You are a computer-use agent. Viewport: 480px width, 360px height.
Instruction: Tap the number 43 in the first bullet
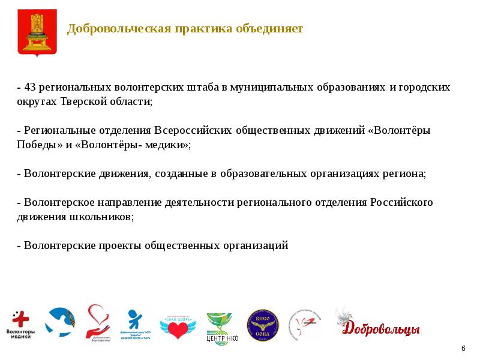(x=29, y=88)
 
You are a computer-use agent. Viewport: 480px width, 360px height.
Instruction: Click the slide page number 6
(x=463, y=349)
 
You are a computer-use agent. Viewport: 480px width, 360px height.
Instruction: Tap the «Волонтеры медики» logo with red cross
(x=21, y=325)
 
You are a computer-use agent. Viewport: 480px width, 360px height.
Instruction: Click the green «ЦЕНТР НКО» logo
(x=221, y=328)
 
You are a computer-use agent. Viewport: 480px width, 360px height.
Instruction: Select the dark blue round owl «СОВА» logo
(x=263, y=325)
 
